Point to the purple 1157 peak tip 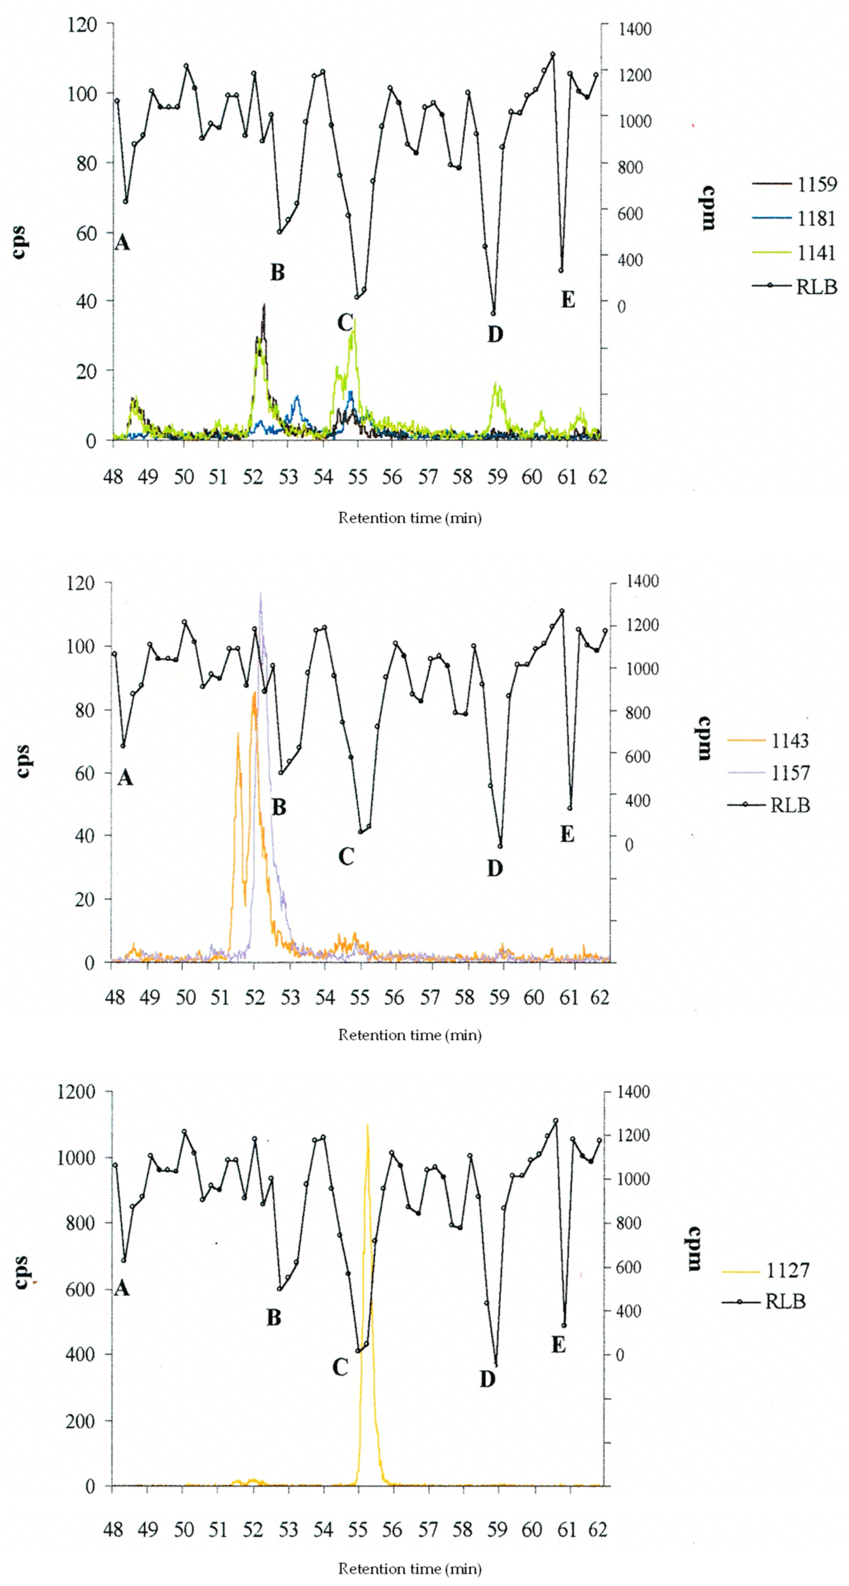260,594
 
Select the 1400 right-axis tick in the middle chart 642,581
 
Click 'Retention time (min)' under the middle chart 409,1035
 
